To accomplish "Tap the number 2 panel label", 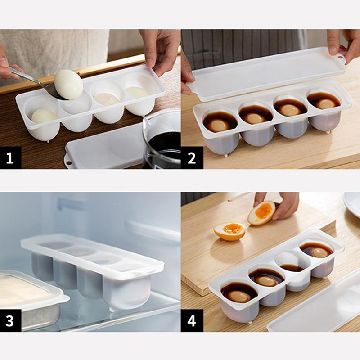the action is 192,158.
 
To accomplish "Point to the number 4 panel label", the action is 192,320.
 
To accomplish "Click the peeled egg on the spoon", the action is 69,85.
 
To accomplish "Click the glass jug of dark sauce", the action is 162,139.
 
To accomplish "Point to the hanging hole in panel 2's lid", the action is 341,57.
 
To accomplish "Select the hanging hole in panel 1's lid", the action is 68,163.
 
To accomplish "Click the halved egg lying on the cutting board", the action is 229,231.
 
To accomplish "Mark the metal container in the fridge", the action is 29,301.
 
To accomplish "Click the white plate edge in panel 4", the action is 352,204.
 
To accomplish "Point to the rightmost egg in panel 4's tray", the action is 321,252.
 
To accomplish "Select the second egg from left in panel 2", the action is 255,118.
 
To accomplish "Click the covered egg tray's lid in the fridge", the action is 92,256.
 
